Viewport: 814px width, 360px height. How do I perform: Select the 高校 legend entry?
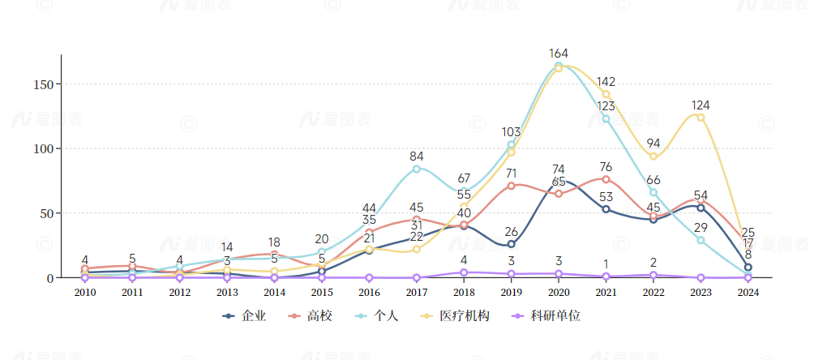point(311,316)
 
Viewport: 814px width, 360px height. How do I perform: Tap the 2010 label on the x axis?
point(84,293)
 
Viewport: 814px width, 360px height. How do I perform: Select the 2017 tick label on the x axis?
point(417,293)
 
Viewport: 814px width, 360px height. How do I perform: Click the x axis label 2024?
point(748,293)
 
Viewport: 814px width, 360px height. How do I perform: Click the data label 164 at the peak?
point(559,54)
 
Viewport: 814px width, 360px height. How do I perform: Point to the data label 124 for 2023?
point(701,105)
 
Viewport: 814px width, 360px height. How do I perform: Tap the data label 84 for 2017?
point(417,156)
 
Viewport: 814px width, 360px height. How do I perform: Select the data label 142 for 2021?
point(606,82)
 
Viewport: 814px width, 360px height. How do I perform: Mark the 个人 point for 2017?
point(417,169)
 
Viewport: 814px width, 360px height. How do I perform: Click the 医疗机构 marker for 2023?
point(700,118)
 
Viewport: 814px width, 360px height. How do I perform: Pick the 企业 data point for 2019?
point(512,244)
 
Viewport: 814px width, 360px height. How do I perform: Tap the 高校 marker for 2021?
point(606,179)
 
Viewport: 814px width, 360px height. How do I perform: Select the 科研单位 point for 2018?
point(464,272)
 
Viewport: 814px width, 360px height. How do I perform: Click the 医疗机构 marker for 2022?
point(653,156)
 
